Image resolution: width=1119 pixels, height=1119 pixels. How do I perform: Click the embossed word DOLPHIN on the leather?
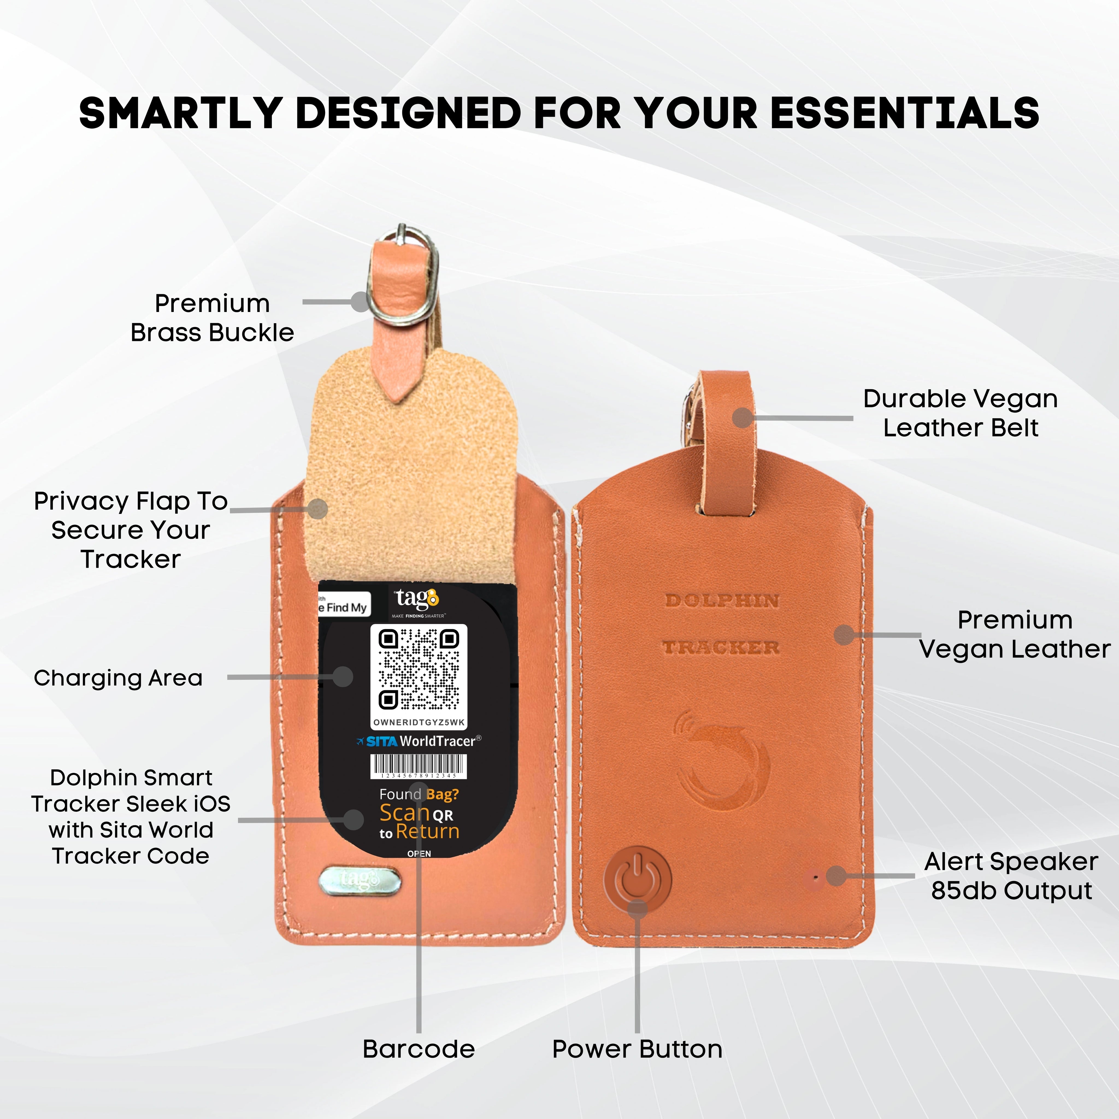tap(722, 601)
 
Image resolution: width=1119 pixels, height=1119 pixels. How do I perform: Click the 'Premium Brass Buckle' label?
tap(212, 318)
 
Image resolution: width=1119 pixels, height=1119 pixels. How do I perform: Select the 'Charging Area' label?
tap(118, 678)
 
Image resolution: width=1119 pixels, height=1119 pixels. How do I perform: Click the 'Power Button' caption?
tap(637, 1049)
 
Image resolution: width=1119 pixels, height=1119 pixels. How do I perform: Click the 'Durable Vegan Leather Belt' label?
tap(960, 413)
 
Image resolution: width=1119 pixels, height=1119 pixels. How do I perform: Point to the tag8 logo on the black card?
tap(417, 599)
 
